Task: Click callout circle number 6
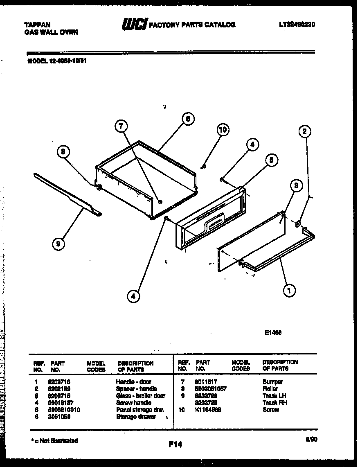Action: [187, 120]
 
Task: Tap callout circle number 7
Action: [120, 127]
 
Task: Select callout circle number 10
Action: [222, 130]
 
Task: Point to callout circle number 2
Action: [304, 131]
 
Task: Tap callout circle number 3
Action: [296, 186]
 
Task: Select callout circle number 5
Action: [270, 160]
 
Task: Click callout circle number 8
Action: [63, 153]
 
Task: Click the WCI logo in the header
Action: [134, 25]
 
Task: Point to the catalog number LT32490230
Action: [297, 25]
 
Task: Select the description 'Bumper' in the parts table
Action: [272, 381]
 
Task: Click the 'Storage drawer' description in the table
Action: [136, 417]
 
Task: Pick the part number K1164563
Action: [208, 410]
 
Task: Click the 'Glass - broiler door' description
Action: [140, 396]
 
